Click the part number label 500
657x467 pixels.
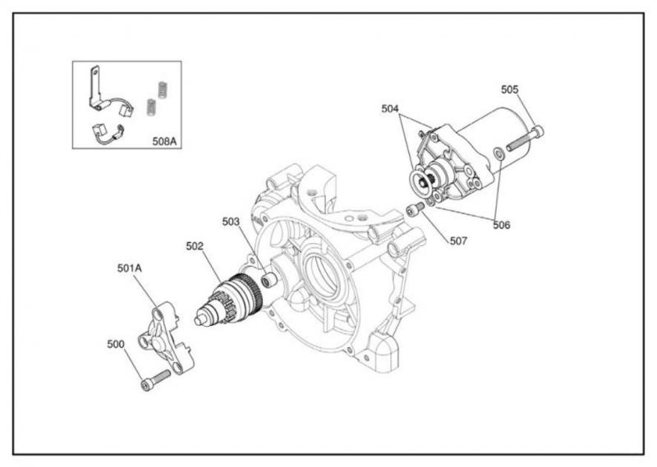(116, 344)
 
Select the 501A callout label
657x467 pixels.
(130, 268)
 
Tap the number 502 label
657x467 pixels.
(195, 246)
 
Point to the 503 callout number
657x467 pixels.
(231, 222)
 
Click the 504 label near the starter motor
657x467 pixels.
(390, 109)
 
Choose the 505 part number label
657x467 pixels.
(510, 89)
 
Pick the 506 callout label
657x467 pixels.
(502, 226)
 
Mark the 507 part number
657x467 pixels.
(458, 240)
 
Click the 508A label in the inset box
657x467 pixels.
(165, 141)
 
